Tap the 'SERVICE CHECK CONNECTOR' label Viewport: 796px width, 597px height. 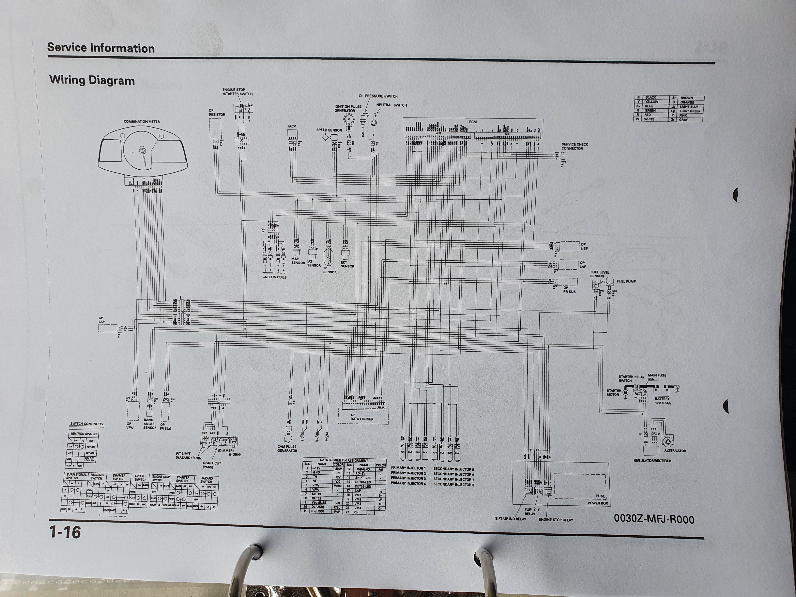click(575, 146)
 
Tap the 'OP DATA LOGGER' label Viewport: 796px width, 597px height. click(362, 417)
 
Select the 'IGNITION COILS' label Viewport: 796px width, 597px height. click(274, 277)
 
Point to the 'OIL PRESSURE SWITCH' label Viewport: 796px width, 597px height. click(378, 96)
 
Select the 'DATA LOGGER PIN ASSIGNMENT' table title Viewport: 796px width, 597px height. click(344, 460)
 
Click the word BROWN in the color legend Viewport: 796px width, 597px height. click(687, 98)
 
